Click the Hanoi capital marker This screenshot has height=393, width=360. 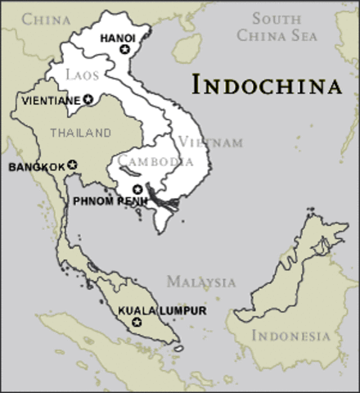124,50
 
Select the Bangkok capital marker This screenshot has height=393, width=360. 72,166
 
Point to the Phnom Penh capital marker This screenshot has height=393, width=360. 137,189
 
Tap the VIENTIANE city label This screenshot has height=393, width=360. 49,100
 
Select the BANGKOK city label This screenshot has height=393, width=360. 36,167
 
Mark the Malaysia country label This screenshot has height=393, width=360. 201,282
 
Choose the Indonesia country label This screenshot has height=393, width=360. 291,336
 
